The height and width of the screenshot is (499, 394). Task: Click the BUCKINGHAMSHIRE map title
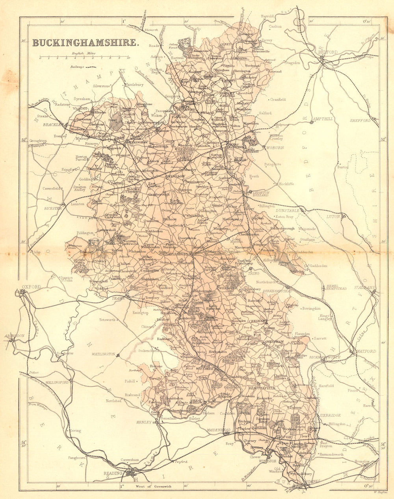(85, 43)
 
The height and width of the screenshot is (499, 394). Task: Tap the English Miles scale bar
(84, 58)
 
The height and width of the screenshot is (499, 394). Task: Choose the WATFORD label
(366, 351)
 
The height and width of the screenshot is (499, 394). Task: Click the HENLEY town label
(144, 422)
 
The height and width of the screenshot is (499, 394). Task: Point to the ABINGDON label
(15, 336)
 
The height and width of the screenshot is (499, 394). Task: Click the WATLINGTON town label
(103, 354)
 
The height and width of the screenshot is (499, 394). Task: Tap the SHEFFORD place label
(361, 121)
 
